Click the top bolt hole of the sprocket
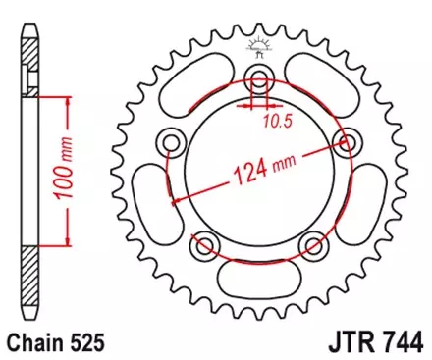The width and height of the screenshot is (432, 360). point(260,79)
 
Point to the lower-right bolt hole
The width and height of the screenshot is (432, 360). point(313,244)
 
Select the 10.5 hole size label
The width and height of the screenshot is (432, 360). point(278,122)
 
